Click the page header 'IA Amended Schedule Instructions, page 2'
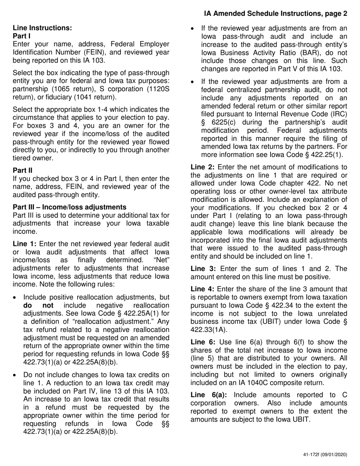(275, 14)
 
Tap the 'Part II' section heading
(21, 170)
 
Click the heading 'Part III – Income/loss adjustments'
(69, 207)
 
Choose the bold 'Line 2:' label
(203, 167)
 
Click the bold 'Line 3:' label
(203, 269)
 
